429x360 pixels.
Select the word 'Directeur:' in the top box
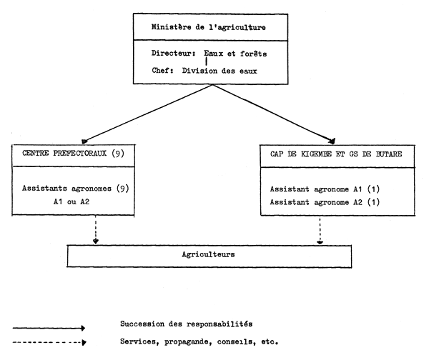point(174,53)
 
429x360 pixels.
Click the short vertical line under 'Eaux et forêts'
point(206,61)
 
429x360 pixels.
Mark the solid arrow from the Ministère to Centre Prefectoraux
point(147,114)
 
